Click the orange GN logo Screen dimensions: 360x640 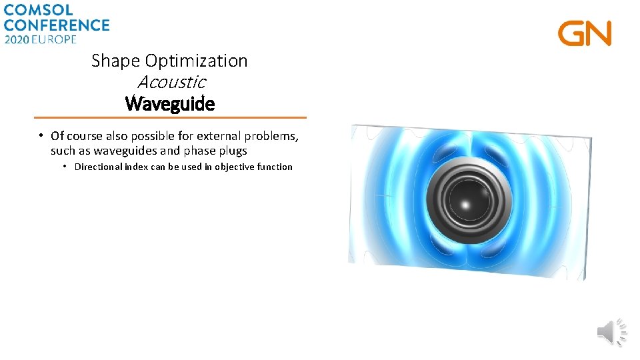pos(585,33)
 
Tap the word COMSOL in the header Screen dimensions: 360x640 pos(38,10)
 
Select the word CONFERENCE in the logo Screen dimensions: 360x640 pos(56,25)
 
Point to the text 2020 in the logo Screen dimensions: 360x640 pos(18,39)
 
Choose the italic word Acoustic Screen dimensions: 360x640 pos(171,83)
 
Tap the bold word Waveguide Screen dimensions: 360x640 pos(170,105)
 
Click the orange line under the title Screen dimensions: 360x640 pos(170,118)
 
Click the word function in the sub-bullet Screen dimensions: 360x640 pos(274,167)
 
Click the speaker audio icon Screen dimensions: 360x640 pos(611,331)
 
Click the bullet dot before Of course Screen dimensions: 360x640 pos(41,136)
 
